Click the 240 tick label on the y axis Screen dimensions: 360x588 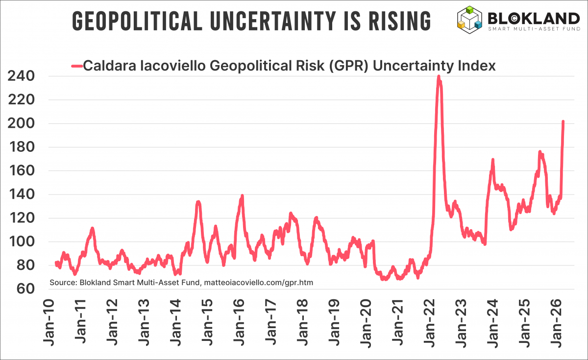21,76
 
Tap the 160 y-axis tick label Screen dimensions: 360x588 21,171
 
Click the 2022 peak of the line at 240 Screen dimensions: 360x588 439,77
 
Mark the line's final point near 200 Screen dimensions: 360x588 563,122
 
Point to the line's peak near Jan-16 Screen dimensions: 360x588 242,196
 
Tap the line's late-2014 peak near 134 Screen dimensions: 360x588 198,202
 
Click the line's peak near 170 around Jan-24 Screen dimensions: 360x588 492,160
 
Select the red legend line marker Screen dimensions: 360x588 77,66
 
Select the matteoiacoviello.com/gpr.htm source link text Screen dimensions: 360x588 258,283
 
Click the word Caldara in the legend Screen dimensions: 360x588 105,66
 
